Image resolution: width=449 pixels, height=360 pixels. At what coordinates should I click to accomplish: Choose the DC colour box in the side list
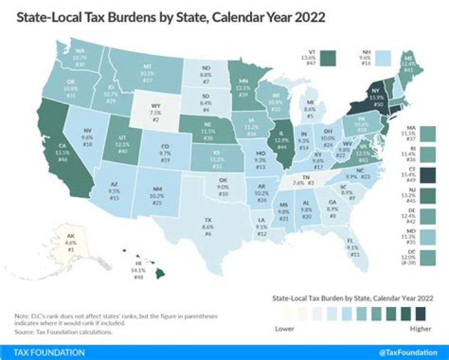428,256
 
